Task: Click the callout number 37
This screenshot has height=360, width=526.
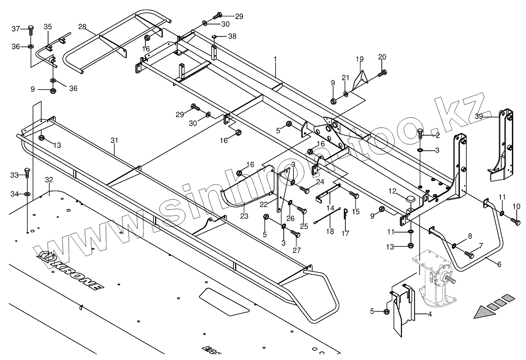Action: (16, 29)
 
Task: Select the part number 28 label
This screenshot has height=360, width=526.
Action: (82, 27)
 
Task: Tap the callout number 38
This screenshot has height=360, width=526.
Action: (232, 36)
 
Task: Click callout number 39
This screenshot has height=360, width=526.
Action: (479, 116)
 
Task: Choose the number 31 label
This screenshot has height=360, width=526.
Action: (114, 140)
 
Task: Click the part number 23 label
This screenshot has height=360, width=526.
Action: (244, 216)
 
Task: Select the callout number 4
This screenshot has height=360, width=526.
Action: (429, 315)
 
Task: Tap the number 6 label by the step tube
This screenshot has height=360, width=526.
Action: (499, 264)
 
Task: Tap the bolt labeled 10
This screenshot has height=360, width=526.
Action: (515, 221)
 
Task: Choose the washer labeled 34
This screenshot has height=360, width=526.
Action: (27, 193)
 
